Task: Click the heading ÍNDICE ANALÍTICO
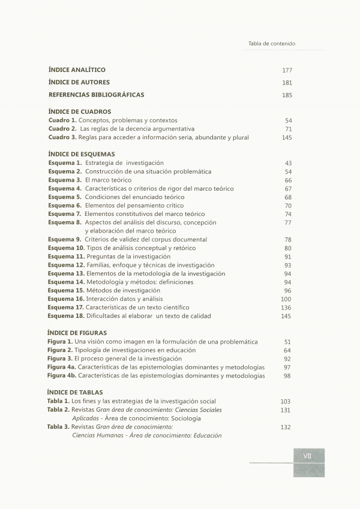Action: click(x=77, y=70)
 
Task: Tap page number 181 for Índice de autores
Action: click(x=287, y=83)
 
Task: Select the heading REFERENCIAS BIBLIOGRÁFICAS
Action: click(x=96, y=95)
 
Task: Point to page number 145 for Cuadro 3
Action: click(x=286, y=137)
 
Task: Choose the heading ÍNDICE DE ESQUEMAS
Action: click(x=81, y=154)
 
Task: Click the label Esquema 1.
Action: click(x=65, y=163)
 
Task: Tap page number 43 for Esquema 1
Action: click(x=288, y=163)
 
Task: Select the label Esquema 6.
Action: click(x=65, y=206)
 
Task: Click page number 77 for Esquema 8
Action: click(x=288, y=222)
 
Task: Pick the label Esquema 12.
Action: click(x=66, y=265)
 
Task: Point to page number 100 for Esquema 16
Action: click(x=286, y=299)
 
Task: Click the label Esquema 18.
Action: click(x=66, y=316)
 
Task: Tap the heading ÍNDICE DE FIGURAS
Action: click(x=77, y=333)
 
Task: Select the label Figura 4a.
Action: click(x=62, y=367)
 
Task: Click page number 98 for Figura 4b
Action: click(x=287, y=376)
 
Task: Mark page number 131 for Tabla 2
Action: click(x=285, y=410)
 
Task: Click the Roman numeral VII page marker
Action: click(x=307, y=456)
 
